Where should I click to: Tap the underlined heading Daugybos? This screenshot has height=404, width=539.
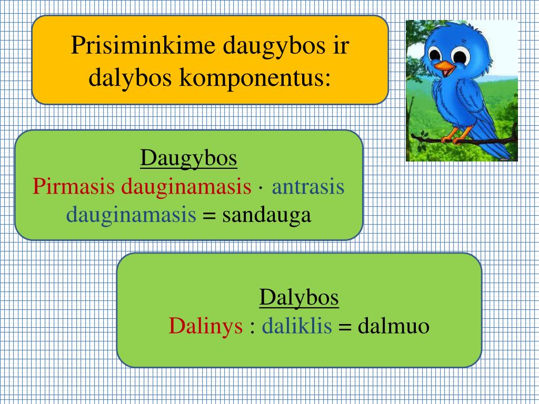pos(188,158)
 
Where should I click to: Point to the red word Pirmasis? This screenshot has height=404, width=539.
pos(75,187)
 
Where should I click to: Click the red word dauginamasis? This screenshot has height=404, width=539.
pos(186,187)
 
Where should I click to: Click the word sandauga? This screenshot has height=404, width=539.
pos(267,215)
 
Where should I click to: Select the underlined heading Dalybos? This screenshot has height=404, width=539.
pos(299,298)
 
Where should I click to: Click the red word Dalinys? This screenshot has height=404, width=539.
pos(206,327)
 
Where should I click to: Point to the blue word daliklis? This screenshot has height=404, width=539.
pos(297,327)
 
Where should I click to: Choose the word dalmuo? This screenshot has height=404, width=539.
pos(394,327)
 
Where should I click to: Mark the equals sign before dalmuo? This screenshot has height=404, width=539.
pos(345,328)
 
